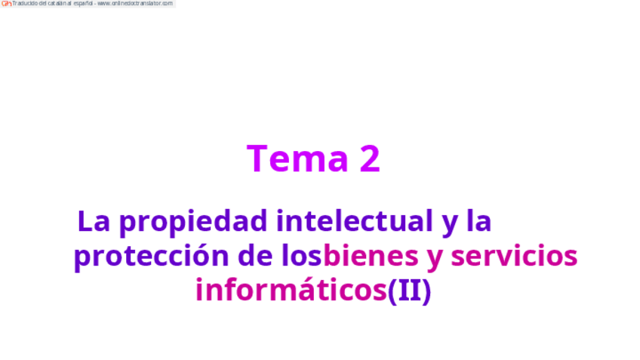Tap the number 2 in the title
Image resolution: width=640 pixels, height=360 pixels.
tap(369, 158)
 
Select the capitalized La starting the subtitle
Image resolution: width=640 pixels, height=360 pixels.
tap(94, 221)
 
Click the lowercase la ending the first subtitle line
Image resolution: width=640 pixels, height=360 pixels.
tap(478, 221)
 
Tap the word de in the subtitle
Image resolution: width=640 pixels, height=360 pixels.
tap(254, 256)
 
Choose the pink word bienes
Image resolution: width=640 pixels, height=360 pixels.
tap(370, 256)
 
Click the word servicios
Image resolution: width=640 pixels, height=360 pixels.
tap(514, 256)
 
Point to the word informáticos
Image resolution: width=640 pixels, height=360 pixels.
tap(291, 290)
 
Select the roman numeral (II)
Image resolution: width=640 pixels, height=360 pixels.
tap(409, 291)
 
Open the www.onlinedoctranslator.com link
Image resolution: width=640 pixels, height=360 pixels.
tap(136, 4)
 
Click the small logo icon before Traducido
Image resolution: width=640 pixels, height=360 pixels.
tap(6, 4)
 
